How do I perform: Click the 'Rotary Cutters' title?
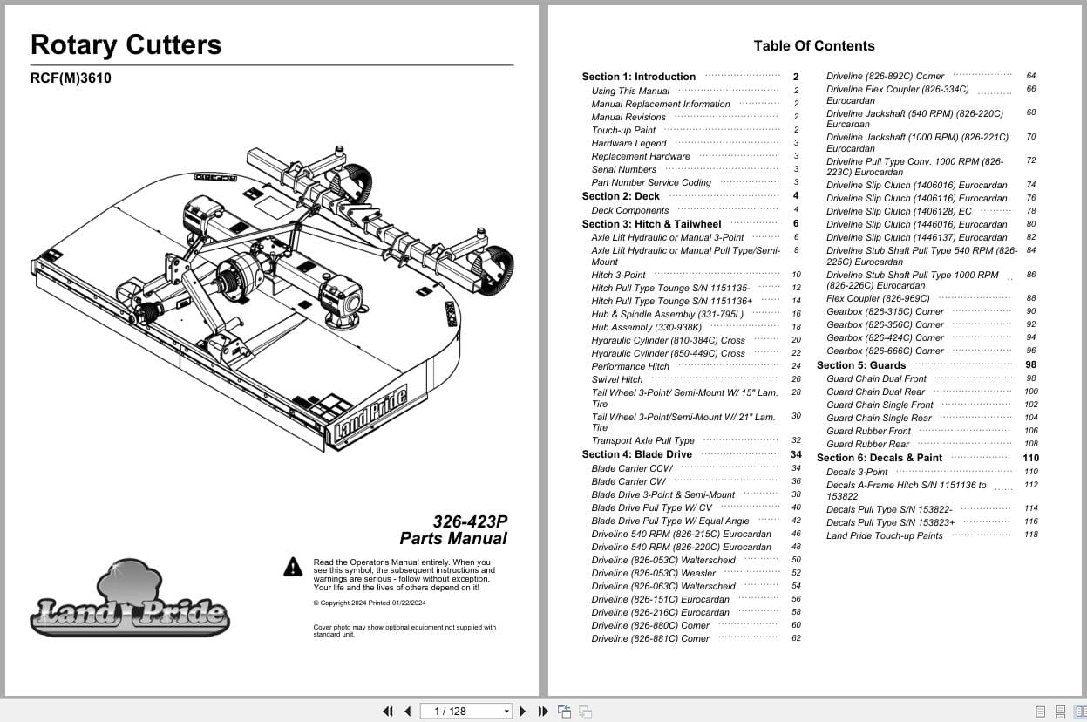[126, 45]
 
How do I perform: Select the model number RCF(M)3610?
[71, 78]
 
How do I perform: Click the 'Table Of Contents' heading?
[813, 46]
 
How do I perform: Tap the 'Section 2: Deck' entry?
[621, 196]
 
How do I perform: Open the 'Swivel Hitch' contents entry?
[617, 379]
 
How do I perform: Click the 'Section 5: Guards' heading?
[861, 365]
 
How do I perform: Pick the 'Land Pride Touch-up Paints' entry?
[884, 535]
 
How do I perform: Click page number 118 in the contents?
[1031, 535]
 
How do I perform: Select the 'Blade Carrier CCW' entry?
[632, 468]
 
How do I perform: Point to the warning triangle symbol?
[293, 568]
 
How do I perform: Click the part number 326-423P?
[470, 521]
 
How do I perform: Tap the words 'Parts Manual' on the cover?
[453, 539]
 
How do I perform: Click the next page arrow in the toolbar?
[523, 712]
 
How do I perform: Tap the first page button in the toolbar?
[388, 712]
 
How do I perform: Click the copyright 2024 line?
[370, 603]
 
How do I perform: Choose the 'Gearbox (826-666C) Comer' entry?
[885, 351]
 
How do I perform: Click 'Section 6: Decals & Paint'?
[879, 458]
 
